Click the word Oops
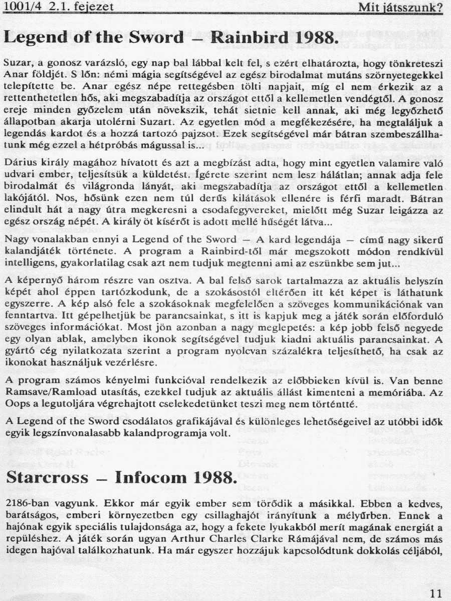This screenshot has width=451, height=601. click(x=15, y=404)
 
